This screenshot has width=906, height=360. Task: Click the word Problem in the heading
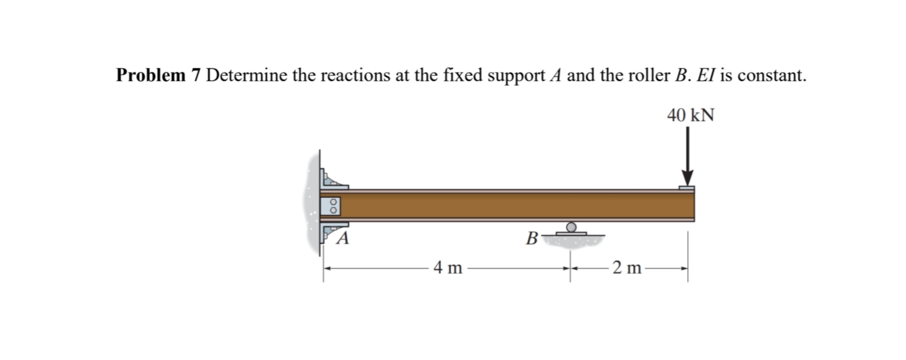tap(151, 75)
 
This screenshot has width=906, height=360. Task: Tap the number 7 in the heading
tap(196, 75)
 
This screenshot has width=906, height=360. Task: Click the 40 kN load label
tap(690, 115)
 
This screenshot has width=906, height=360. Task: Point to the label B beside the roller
tap(530, 240)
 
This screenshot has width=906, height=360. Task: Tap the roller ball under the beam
tap(572, 227)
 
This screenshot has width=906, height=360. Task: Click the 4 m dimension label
tap(448, 269)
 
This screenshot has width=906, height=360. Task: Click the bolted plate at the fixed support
tap(330, 206)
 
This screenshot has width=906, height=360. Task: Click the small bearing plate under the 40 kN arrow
tap(687, 188)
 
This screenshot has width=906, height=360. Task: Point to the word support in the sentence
tap(511, 75)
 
